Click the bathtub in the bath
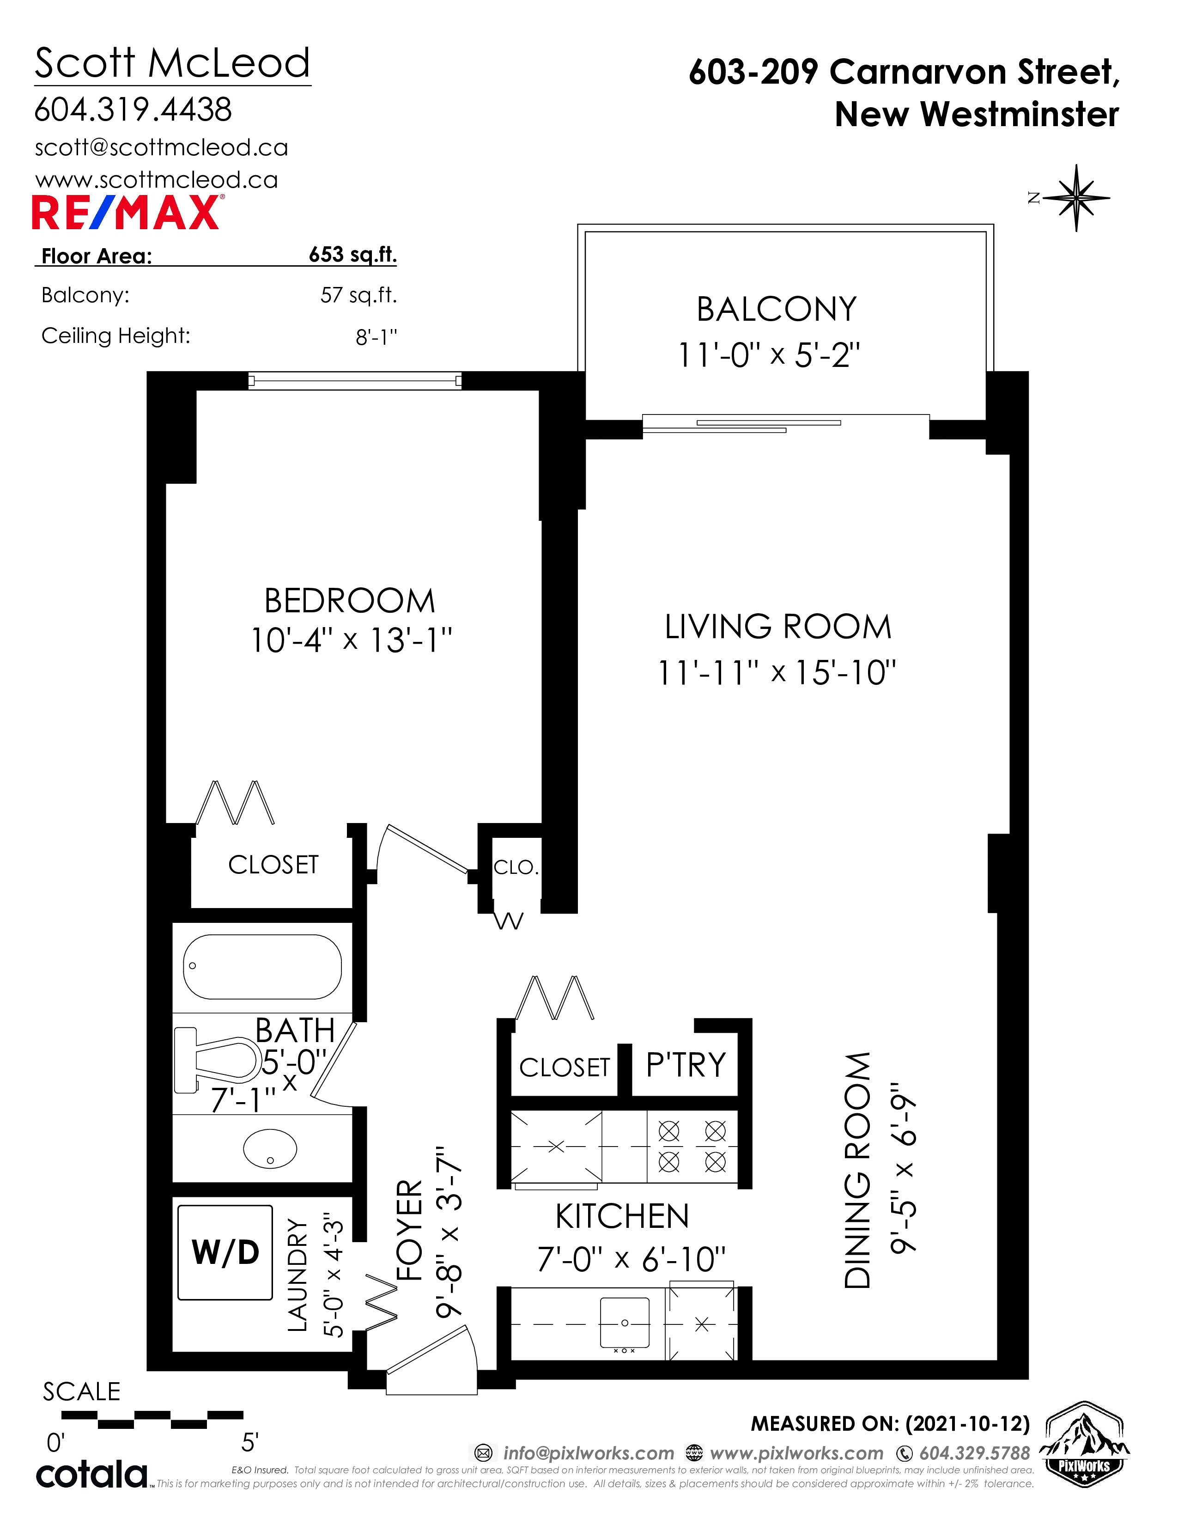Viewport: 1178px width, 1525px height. pyautogui.click(x=262, y=966)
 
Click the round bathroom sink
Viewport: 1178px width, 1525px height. pyautogui.click(x=270, y=1149)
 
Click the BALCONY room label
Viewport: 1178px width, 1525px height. pyautogui.click(x=777, y=309)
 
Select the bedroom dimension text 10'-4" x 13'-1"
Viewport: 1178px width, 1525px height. pyautogui.click(x=351, y=640)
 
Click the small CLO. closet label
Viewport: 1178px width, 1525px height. pyautogui.click(x=516, y=867)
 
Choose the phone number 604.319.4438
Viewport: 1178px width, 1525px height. pyautogui.click(x=134, y=110)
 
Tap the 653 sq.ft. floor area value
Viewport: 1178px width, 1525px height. pyautogui.click(x=352, y=255)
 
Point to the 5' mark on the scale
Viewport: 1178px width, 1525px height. pyautogui.click(x=250, y=1443)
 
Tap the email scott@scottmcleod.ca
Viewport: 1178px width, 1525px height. pyautogui.click(x=161, y=148)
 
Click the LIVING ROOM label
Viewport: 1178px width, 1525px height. pyautogui.click(x=778, y=627)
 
